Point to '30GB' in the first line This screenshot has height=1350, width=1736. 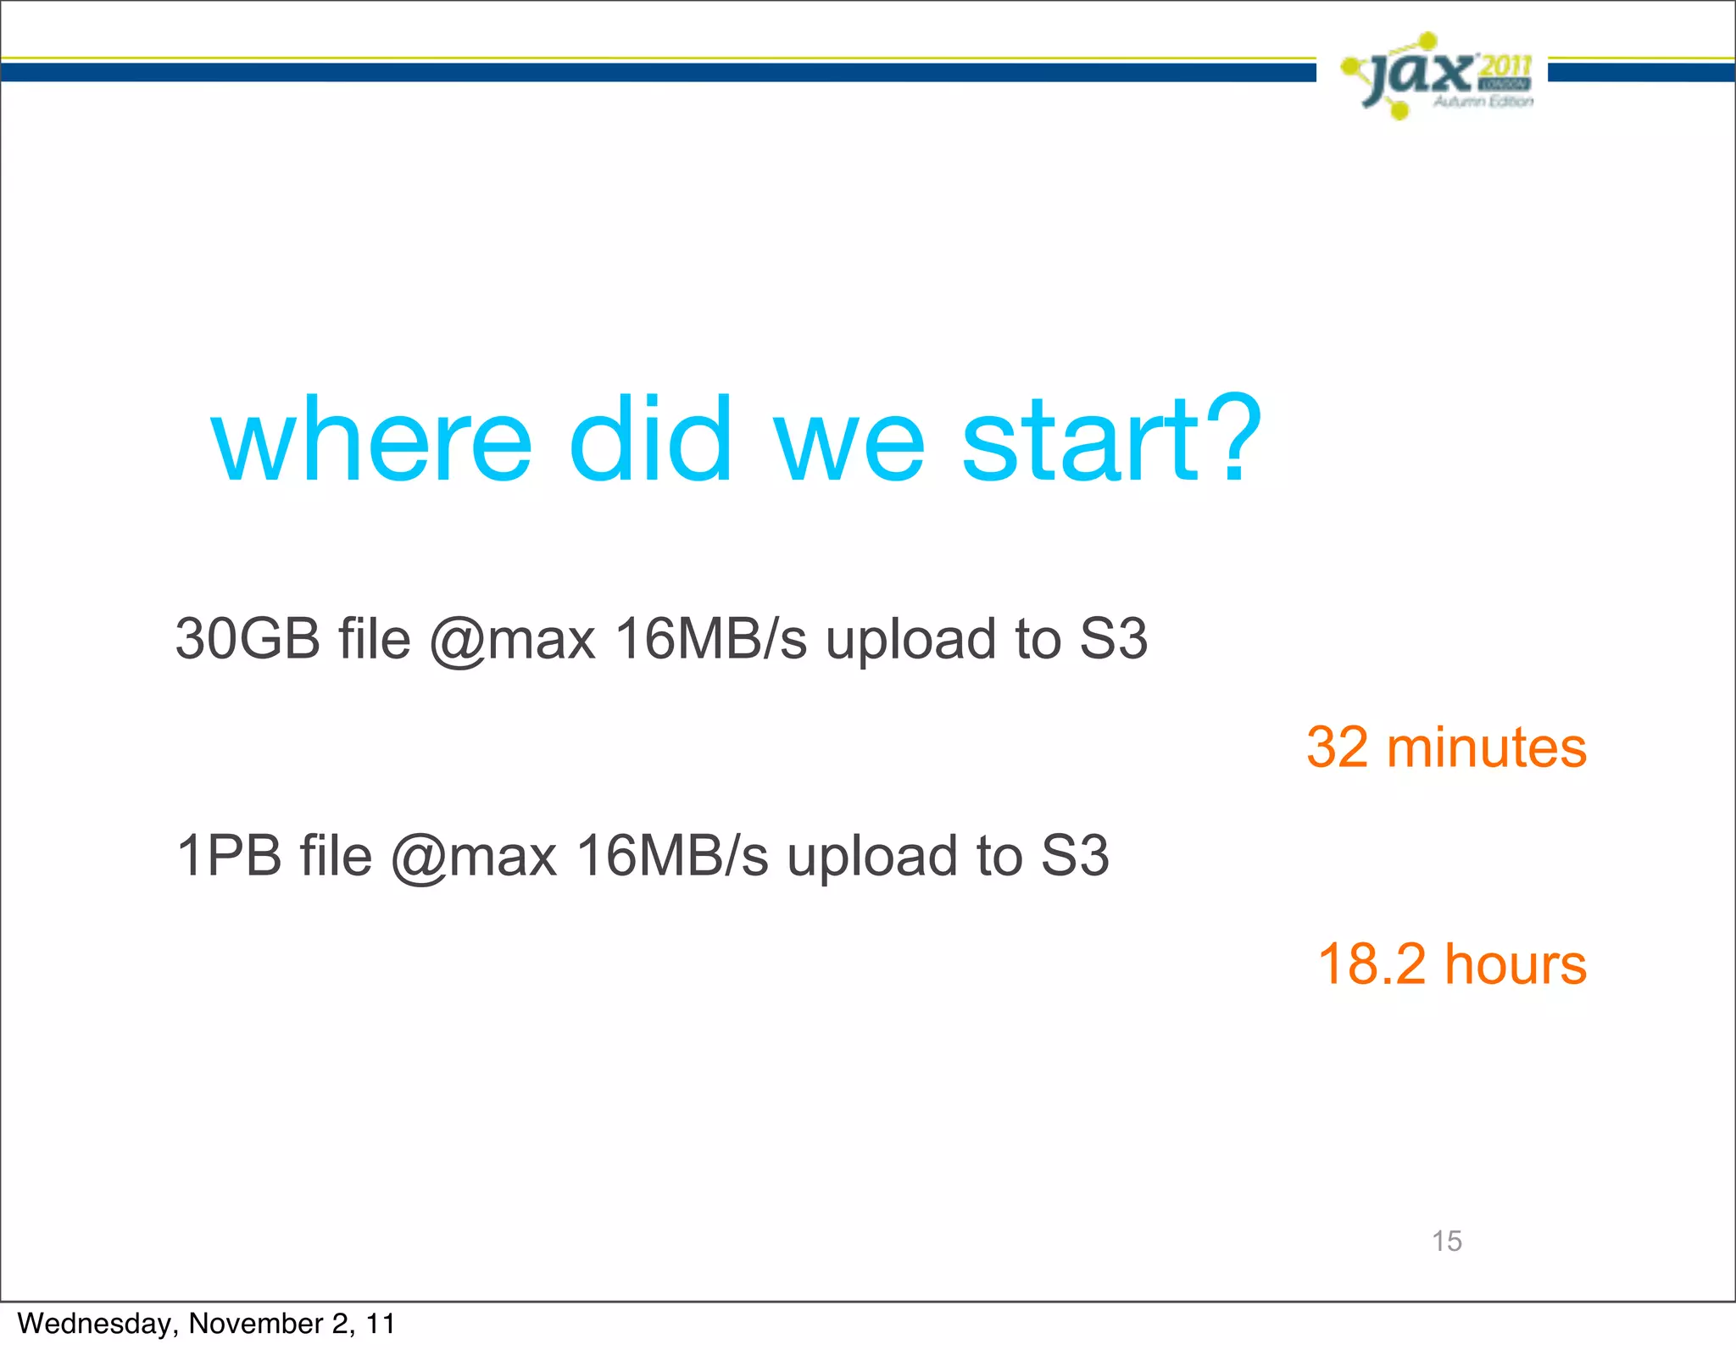(248, 639)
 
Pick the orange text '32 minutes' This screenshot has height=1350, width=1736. (1446, 747)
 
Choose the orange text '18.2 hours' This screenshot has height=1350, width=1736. (1452, 964)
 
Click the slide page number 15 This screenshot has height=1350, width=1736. (1447, 1241)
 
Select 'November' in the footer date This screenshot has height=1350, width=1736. (255, 1324)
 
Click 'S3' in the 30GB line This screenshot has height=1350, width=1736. (1113, 639)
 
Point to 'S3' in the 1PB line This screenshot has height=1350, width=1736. (1075, 856)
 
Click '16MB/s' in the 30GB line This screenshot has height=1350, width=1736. (710, 639)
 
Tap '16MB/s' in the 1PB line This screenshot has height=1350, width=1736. (672, 856)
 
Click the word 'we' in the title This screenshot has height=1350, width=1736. (849, 442)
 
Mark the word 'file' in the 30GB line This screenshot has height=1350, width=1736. (375, 639)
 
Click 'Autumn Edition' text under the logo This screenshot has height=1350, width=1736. (1483, 102)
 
